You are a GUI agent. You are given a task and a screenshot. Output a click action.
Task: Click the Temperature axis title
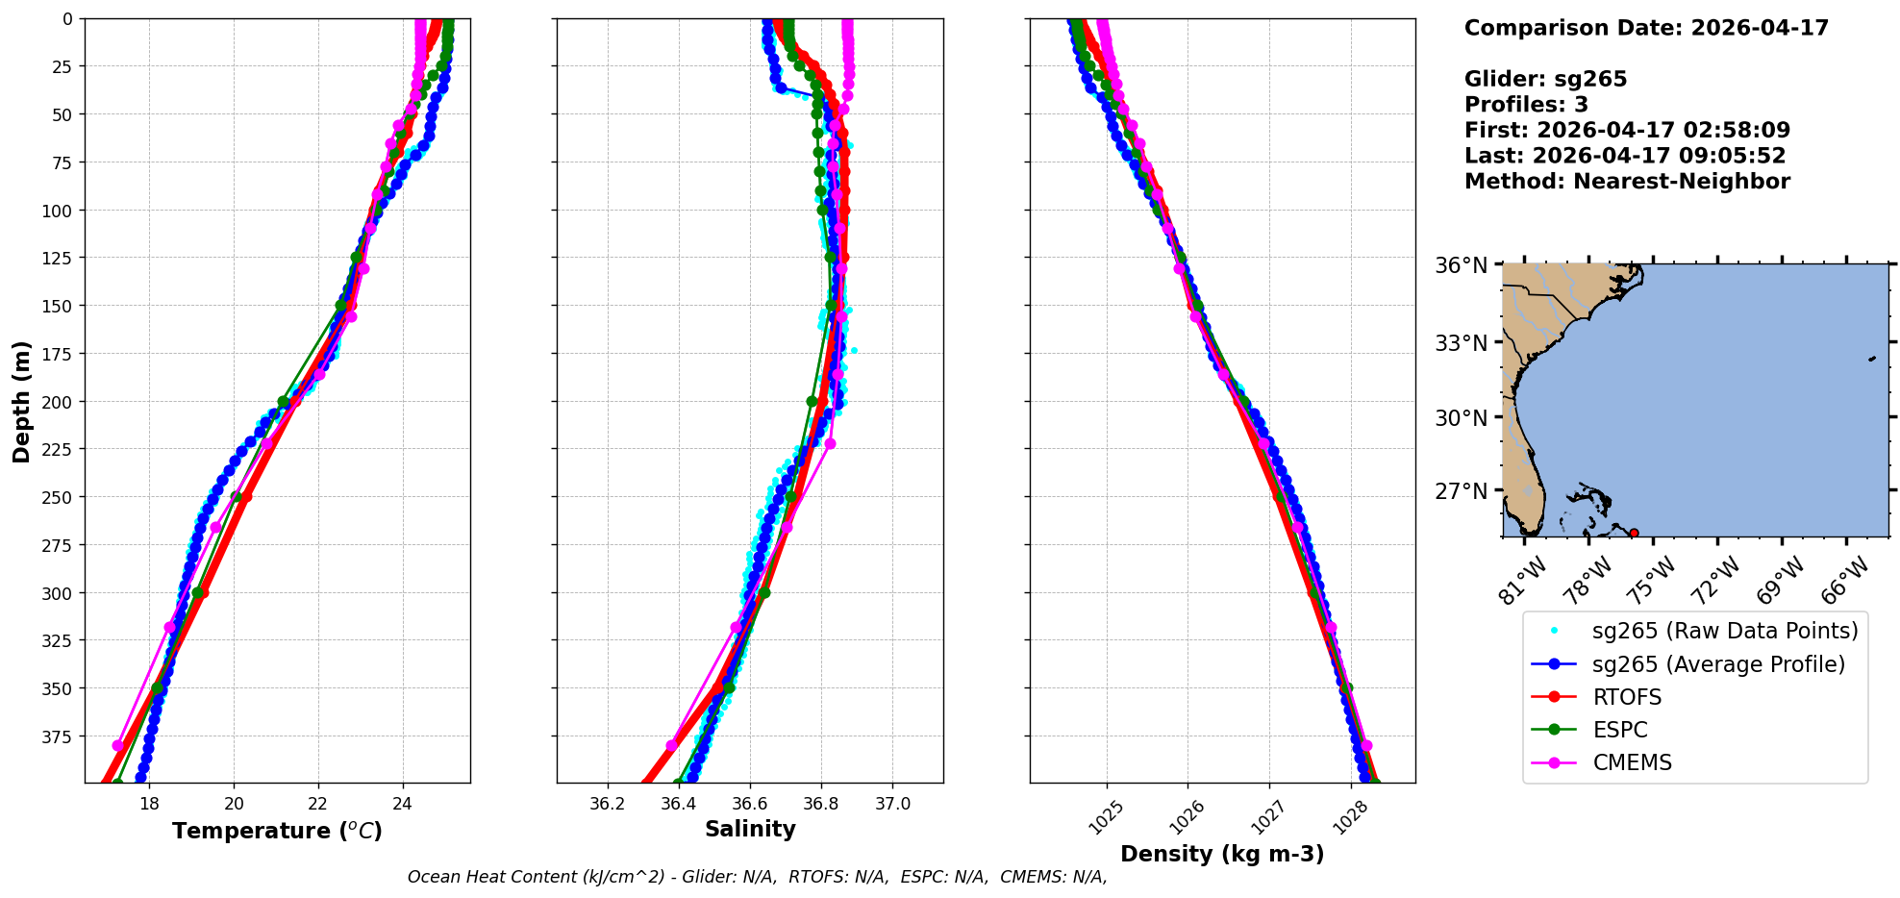tap(277, 831)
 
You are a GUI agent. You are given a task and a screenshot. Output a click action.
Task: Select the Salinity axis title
tap(750, 829)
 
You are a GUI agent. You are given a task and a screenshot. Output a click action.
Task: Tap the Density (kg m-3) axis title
tap(1222, 854)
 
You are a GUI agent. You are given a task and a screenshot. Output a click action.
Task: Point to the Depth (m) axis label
tap(21, 401)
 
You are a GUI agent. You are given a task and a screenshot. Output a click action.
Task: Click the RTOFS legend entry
tap(1627, 697)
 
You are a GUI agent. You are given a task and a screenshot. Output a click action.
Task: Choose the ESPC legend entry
tap(1620, 730)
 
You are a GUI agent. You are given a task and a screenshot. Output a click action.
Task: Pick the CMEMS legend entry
tap(1632, 762)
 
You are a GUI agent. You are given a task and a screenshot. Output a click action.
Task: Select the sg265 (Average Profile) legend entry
tap(1718, 664)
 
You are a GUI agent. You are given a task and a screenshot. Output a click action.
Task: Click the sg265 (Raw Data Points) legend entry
tap(1725, 631)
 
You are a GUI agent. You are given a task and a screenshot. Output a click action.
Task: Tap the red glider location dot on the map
tap(1634, 533)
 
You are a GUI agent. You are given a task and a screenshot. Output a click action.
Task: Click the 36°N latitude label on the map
tap(1461, 265)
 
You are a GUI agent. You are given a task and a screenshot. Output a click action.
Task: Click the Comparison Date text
tap(1646, 28)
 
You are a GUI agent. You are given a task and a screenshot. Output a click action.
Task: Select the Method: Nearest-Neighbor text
tap(1627, 182)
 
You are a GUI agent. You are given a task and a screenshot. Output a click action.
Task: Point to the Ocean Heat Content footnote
tap(757, 877)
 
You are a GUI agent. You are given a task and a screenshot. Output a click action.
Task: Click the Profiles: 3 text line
tap(1526, 105)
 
